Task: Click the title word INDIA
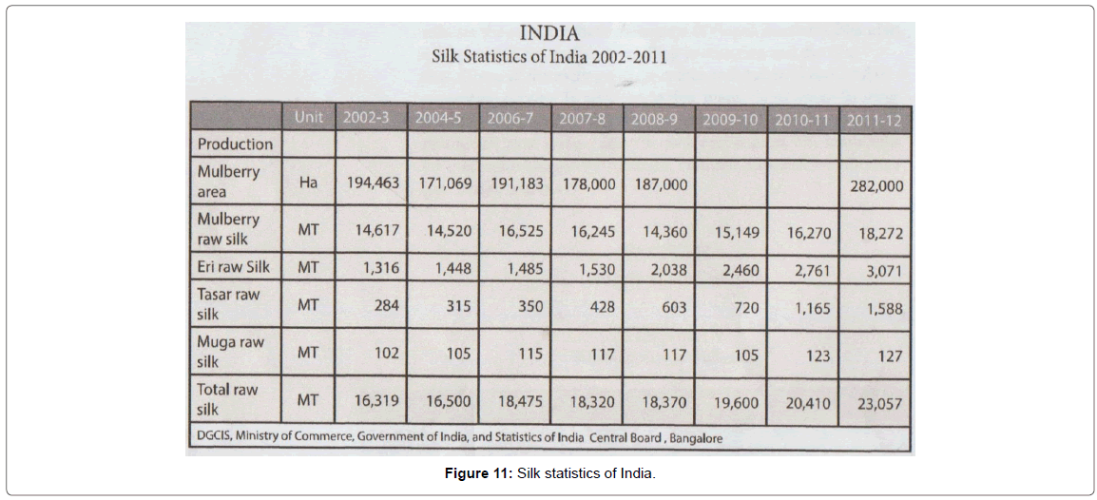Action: click(x=549, y=35)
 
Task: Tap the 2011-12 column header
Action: click(x=875, y=120)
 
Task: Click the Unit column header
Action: click(x=308, y=117)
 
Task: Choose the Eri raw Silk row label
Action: click(x=233, y=267)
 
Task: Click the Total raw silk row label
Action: click(x=227, y=399)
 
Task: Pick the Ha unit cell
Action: click(x=308, y=183)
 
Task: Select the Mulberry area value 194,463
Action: click(x=371, y=183)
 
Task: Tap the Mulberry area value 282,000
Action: click(x=876, y=186)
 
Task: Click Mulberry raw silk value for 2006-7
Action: click(x=516, y=230)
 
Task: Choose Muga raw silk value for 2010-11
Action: click(x=811, y=356)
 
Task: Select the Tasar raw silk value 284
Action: click(x=385, y=306)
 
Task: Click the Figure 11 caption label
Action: click(x=478, y=473)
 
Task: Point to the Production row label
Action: click(x=235, y=144)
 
